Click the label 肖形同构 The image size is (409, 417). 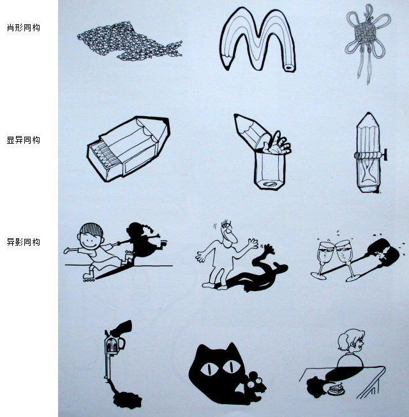pyautogui.click(x=24, y=27)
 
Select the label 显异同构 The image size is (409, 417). pyautogui.click(x=24, y=140)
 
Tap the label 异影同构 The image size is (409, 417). pyautogui.click(x=24, y=242)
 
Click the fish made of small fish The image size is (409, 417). pyautogui.click(x=130, y=42)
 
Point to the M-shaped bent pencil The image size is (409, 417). pyautogui.click(x=257, y=40)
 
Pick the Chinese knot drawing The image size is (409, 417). pyautogui.click(x=367, y=43)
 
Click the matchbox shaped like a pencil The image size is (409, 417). pyautogui.click(x=129, y=149)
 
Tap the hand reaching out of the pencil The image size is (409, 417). pyautogui.click(x=278, y=143)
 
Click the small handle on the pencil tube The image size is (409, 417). pyautogui.click(x=384, y=155)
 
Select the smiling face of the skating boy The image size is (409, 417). pyautogui.click(x=91, y=240)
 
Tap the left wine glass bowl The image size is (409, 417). pyautogui.click(x=325, y=252)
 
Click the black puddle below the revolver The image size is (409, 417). pyautogui.click(x=127, y=400)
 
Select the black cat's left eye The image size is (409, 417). pyautogui.click(x=209, y=369)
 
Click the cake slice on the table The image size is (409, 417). pyautogui.click(x=336, y=390)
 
